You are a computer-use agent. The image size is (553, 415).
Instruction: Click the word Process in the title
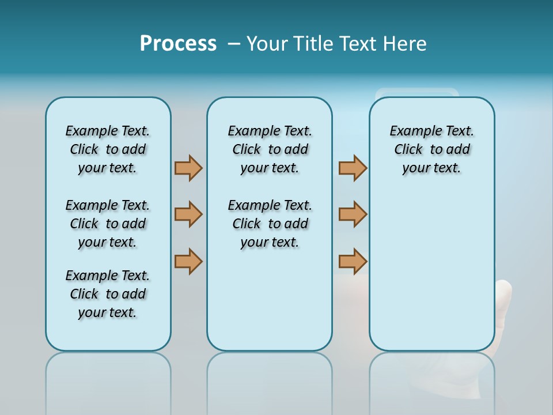pyautogui.click(x=178, y=44)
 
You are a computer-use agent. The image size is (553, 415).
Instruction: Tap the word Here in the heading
pyautogui.click(x=405, y=44)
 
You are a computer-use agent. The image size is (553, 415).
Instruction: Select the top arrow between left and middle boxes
pyautogui.click(x=188, y=168)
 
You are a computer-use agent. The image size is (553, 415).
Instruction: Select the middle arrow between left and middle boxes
pyautogui.click(x=188, y=214)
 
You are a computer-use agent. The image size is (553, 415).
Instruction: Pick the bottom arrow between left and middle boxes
pyautogui.click(x=188, y=261)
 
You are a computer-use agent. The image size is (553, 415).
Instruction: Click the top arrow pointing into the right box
pyautogui.click(x=353, y=168)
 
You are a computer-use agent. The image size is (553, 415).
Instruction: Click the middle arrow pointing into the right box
pyautogui.click(x=353, y=214)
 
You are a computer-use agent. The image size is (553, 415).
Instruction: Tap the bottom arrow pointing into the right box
pyautogui.click(x=353, y=261)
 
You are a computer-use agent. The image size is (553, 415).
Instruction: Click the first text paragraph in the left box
pyautogui.click(x=108, y=149)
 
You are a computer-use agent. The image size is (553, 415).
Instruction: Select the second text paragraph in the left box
pyautogui.click(x=108, y=224)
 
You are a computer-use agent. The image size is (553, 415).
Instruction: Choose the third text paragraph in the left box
pyautogui.click(x=108, y=294)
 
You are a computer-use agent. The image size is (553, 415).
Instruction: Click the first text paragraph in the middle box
pyautogui.click(x=270, y=149)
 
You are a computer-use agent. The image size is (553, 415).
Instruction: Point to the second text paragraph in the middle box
pyautogui.click(x=270, y=224)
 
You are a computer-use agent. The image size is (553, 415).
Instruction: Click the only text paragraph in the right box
pyautogui.click(x=431, y=149)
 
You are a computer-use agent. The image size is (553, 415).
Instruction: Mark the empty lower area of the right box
pyautogui.click(x=431, y=277)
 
